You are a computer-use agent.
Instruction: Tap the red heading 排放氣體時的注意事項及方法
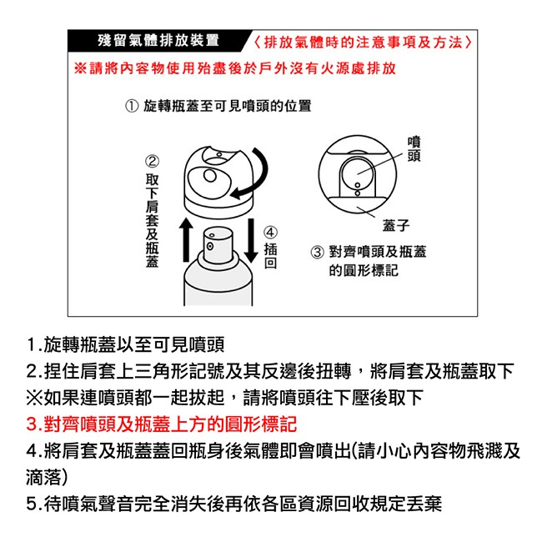coord(363,43)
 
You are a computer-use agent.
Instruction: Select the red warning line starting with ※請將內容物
coord(235,68)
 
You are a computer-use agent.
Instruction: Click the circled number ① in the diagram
coord(132,106)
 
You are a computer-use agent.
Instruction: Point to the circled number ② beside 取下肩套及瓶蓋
coord(152,162)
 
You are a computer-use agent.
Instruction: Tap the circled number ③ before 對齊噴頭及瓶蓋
coord(318,252)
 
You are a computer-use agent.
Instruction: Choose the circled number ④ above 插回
coord(270,233)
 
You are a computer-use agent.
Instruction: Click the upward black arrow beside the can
coord(186,240)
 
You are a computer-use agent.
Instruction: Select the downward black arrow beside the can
coord(251,240)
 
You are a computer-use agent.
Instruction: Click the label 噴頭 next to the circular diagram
coord(414,148)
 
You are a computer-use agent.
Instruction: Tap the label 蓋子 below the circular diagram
coord(396,225)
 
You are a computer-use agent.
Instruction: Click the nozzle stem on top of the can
coord(218,244)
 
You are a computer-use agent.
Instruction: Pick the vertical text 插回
coord(270,255)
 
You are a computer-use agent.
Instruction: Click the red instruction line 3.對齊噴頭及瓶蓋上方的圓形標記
coord(162,424)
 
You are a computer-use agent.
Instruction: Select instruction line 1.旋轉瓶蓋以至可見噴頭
coord(125,344)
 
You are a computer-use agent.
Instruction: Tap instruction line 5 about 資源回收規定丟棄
coord(234,504)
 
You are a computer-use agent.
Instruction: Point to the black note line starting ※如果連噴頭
coord(224,397)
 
